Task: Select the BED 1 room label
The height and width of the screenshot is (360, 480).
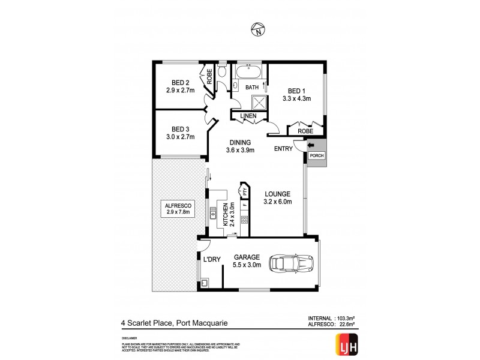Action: click(x=296, y=91)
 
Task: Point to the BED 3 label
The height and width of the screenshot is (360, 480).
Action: click(x=180, y=129)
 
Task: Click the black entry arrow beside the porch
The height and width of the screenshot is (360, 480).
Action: click(x=310, y=145)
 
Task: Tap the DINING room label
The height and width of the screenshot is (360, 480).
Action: click(x=239, y=142)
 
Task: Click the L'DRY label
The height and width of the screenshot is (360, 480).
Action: click(x=212, y=259)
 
